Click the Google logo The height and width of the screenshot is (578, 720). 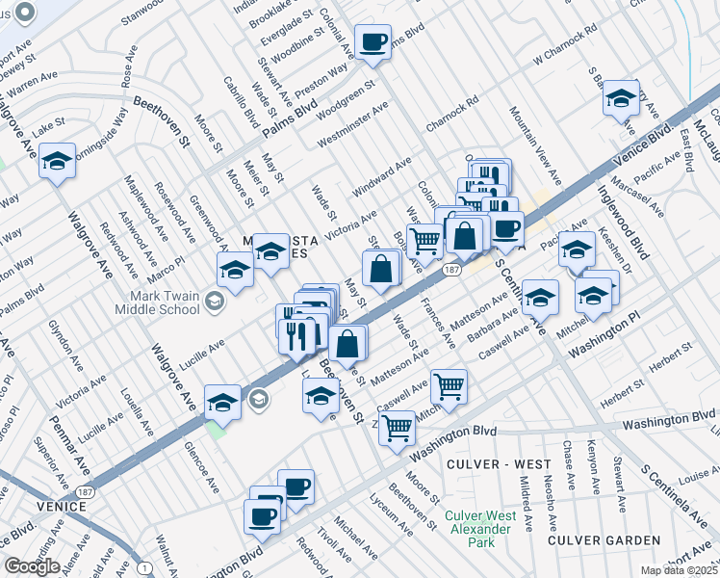[33, 566]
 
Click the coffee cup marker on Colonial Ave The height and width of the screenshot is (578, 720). [373, 42]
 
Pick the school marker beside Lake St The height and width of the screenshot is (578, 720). [58, 162]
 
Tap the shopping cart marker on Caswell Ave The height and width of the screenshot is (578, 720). [449, 386]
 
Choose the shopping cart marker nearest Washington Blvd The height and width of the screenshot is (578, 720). [397, 427]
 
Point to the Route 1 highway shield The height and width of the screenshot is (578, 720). [143, 569]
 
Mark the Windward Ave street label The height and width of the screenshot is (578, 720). [382, 173]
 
